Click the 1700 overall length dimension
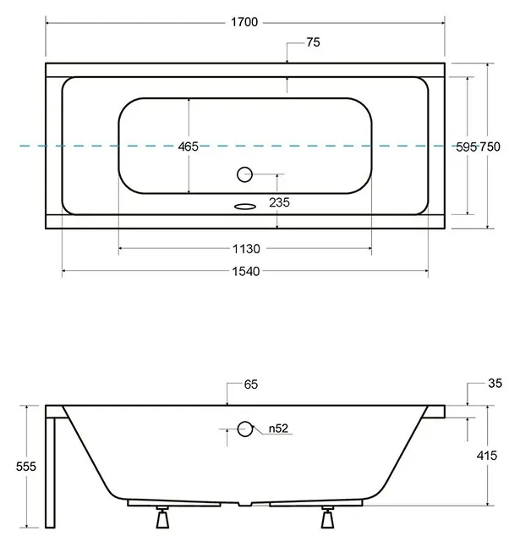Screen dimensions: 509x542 244,22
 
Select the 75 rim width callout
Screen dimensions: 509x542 313,42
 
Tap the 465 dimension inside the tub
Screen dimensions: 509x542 188,147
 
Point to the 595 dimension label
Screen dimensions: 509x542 466,147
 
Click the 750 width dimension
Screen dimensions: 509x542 490,147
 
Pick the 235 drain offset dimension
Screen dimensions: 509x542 279,202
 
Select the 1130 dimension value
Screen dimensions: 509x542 246,248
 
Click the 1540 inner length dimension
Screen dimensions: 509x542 246,271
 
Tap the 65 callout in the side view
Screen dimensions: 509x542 251,384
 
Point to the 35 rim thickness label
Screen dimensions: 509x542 495,384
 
